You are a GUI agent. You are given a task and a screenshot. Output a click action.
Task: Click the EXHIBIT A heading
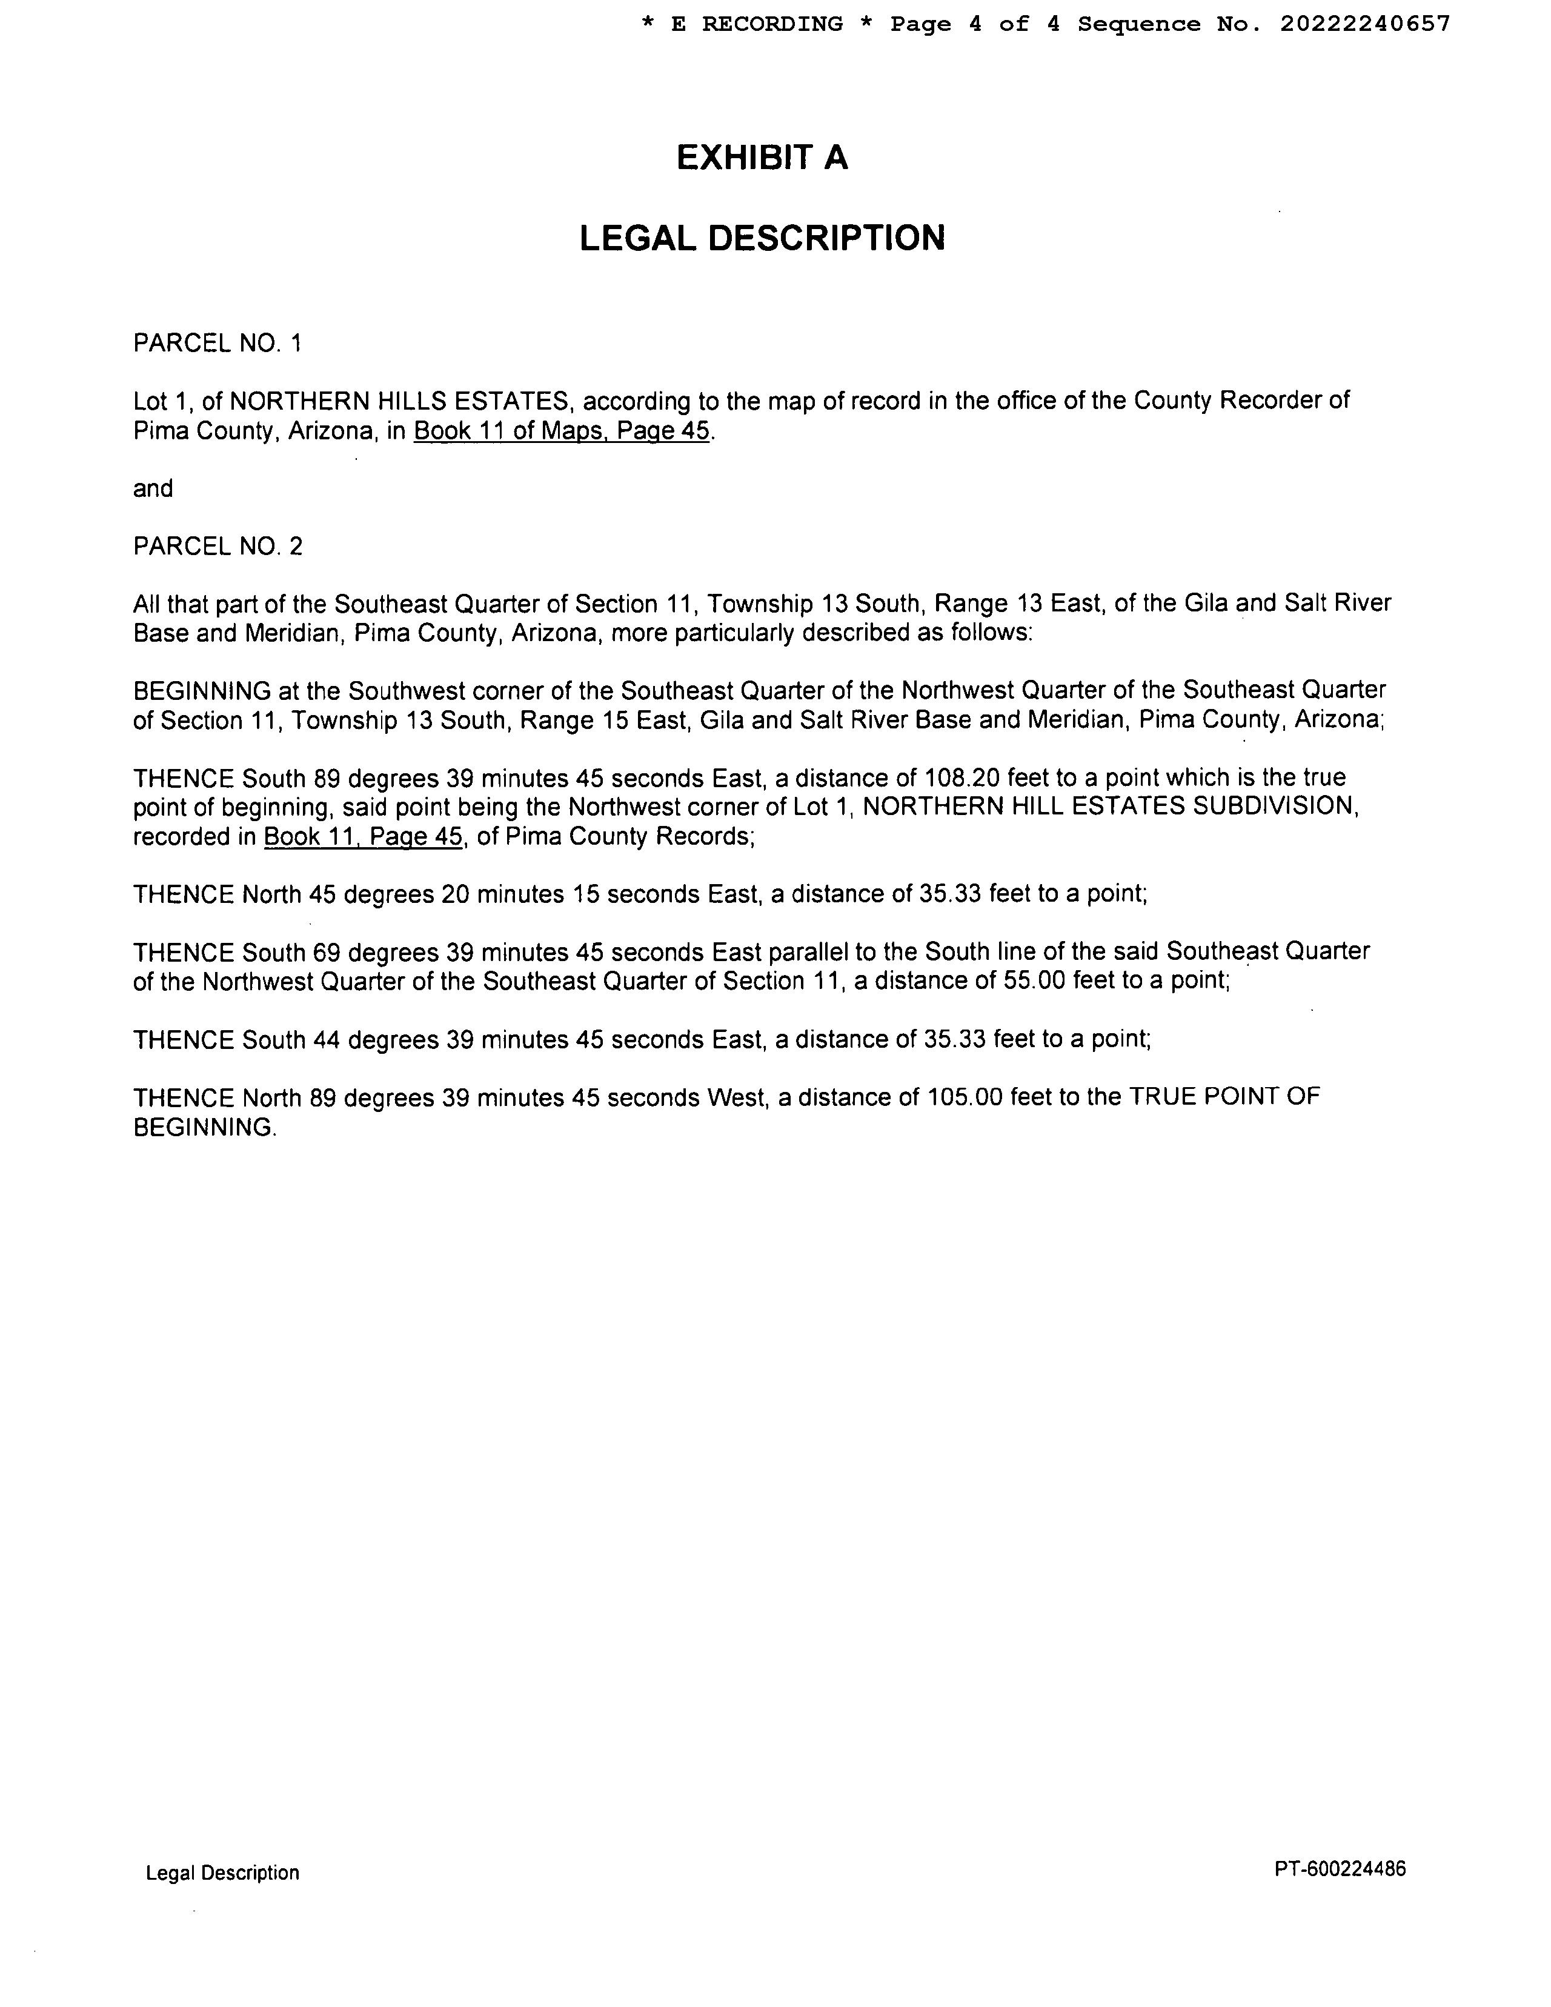coord(762,158)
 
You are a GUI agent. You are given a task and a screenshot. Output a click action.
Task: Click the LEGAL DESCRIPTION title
coord(762,238)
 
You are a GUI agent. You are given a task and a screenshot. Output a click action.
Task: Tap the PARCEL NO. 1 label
coord(217,344)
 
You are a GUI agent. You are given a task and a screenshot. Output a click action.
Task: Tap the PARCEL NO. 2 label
coord(217,547)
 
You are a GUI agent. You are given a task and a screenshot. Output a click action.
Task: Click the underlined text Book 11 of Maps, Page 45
coord(562,431)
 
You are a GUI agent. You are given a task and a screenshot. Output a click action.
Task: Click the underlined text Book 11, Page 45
coord(363,837)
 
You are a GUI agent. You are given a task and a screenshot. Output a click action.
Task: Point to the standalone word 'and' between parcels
coord(153,489)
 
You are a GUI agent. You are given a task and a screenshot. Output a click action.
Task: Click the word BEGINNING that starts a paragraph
coord(201,691)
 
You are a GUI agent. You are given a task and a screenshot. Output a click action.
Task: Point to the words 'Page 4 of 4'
coord(975,24)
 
